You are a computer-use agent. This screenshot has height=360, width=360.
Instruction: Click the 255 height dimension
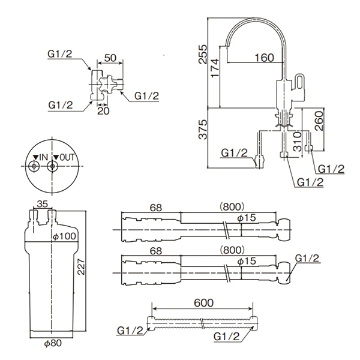click(203, 54)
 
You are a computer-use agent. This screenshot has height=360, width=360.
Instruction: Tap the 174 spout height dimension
click(215, 68)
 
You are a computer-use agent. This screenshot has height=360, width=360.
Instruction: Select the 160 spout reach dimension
click(264, 58)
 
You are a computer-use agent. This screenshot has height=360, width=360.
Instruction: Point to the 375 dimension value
click(203, 130)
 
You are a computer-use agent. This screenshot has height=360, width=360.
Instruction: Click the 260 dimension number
click(319, 121)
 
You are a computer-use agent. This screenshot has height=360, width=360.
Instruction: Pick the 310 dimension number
click(298, 142)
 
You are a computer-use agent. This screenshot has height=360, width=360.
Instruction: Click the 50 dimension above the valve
click(110, 58)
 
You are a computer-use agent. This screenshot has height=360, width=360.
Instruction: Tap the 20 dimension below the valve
click(103, 111)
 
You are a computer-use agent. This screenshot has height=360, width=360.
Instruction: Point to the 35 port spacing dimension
click(42, 204)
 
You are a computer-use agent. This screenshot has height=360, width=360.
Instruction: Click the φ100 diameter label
click(65, 236)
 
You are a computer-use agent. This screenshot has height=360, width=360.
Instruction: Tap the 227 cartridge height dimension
click(81, 267)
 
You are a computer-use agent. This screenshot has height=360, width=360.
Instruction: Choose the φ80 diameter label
click(53, 343)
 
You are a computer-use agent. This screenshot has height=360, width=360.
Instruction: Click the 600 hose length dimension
click(203, 303)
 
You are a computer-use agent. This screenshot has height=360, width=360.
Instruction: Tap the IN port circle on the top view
click(34, 166)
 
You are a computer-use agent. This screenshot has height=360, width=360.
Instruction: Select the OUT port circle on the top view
click(53, 166)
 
